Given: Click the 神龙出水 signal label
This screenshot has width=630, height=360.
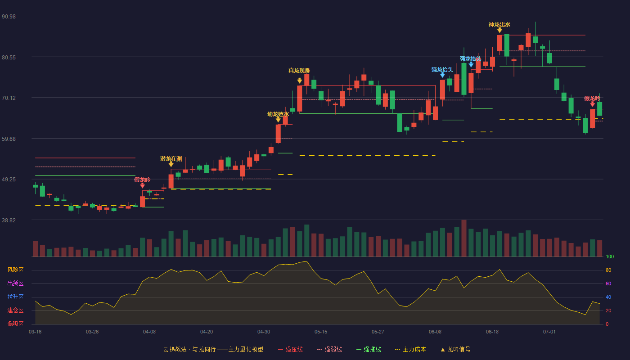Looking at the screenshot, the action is point(499,25).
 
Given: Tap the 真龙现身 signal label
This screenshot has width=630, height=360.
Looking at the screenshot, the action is point(299,70).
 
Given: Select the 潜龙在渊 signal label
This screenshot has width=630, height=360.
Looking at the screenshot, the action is point(171,159).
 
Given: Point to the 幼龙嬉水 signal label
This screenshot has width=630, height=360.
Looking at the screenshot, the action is point(278,114).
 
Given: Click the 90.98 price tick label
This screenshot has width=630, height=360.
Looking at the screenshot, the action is point(9,17).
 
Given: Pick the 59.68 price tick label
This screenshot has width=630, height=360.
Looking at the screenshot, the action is point(9,139).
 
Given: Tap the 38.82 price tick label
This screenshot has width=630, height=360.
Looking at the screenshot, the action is point(9,220).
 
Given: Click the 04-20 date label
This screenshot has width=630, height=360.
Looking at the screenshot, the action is point(207,332).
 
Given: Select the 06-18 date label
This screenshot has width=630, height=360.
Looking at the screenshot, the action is point(492,332).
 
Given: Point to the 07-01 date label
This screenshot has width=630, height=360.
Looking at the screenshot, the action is point(549,332).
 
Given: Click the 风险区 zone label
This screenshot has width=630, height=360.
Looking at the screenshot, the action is point(15,270).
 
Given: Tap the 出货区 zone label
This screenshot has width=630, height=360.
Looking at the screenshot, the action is point(15,283).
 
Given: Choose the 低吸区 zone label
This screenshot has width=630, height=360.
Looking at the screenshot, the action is point(15,324).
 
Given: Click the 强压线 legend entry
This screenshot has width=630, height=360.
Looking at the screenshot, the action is point(290,349).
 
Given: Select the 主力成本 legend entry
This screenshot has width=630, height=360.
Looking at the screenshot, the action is point(410,349).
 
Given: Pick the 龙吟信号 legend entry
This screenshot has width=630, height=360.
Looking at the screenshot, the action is point(455,349).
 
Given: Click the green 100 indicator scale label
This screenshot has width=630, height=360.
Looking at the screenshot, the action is point(610,256).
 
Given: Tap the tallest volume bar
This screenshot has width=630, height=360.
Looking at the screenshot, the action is point(464,238).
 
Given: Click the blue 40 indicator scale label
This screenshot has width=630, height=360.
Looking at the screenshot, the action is point(608,297).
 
